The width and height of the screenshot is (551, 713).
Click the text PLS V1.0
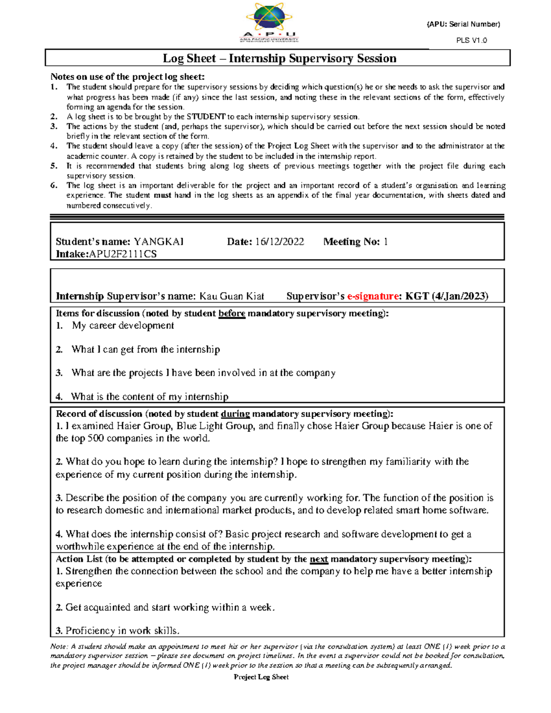click(x=472, y=40)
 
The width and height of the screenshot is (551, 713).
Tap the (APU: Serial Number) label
click(x=463, y=24)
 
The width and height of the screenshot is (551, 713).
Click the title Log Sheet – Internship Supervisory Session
click(x=280, y=58)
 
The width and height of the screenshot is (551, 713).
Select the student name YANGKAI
click(x=158, y=242)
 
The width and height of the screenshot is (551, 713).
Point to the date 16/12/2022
click(x=279, y=242)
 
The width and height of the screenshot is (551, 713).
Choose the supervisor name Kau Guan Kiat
click(x=231, y=296)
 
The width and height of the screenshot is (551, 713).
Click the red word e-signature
click(x=373, y=296)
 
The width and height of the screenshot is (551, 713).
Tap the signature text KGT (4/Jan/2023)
click(x=447, y=296)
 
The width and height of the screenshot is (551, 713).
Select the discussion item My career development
click(x=123, y=326)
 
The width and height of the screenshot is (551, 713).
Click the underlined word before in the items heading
click(x=231, y=314)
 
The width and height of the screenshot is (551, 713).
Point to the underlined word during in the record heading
click(x=235, y=414)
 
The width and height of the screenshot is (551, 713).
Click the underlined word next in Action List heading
click(x=319, y=559)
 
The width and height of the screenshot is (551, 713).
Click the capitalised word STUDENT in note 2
click(x=206, y=117)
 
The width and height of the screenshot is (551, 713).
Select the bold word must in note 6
click(x=163, y=195)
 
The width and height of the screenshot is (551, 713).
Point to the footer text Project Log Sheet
click(x=261, y=677)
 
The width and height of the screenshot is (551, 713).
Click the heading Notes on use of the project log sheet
click(x=127, y=77)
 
